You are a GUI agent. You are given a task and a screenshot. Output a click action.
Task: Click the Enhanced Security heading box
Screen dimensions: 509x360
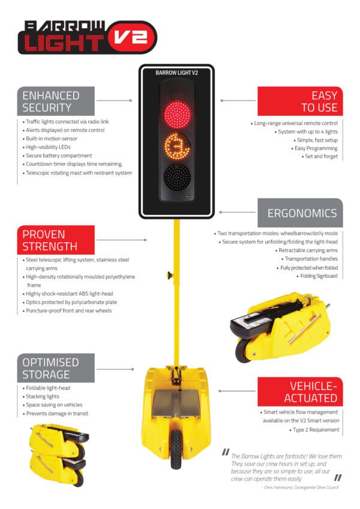[55, 101]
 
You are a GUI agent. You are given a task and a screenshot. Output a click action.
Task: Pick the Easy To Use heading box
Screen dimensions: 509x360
[299, 101]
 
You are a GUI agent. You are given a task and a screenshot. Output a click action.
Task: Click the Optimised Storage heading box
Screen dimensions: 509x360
[55, 368]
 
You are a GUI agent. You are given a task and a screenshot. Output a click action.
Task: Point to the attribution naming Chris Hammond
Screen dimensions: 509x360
[300, 487]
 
